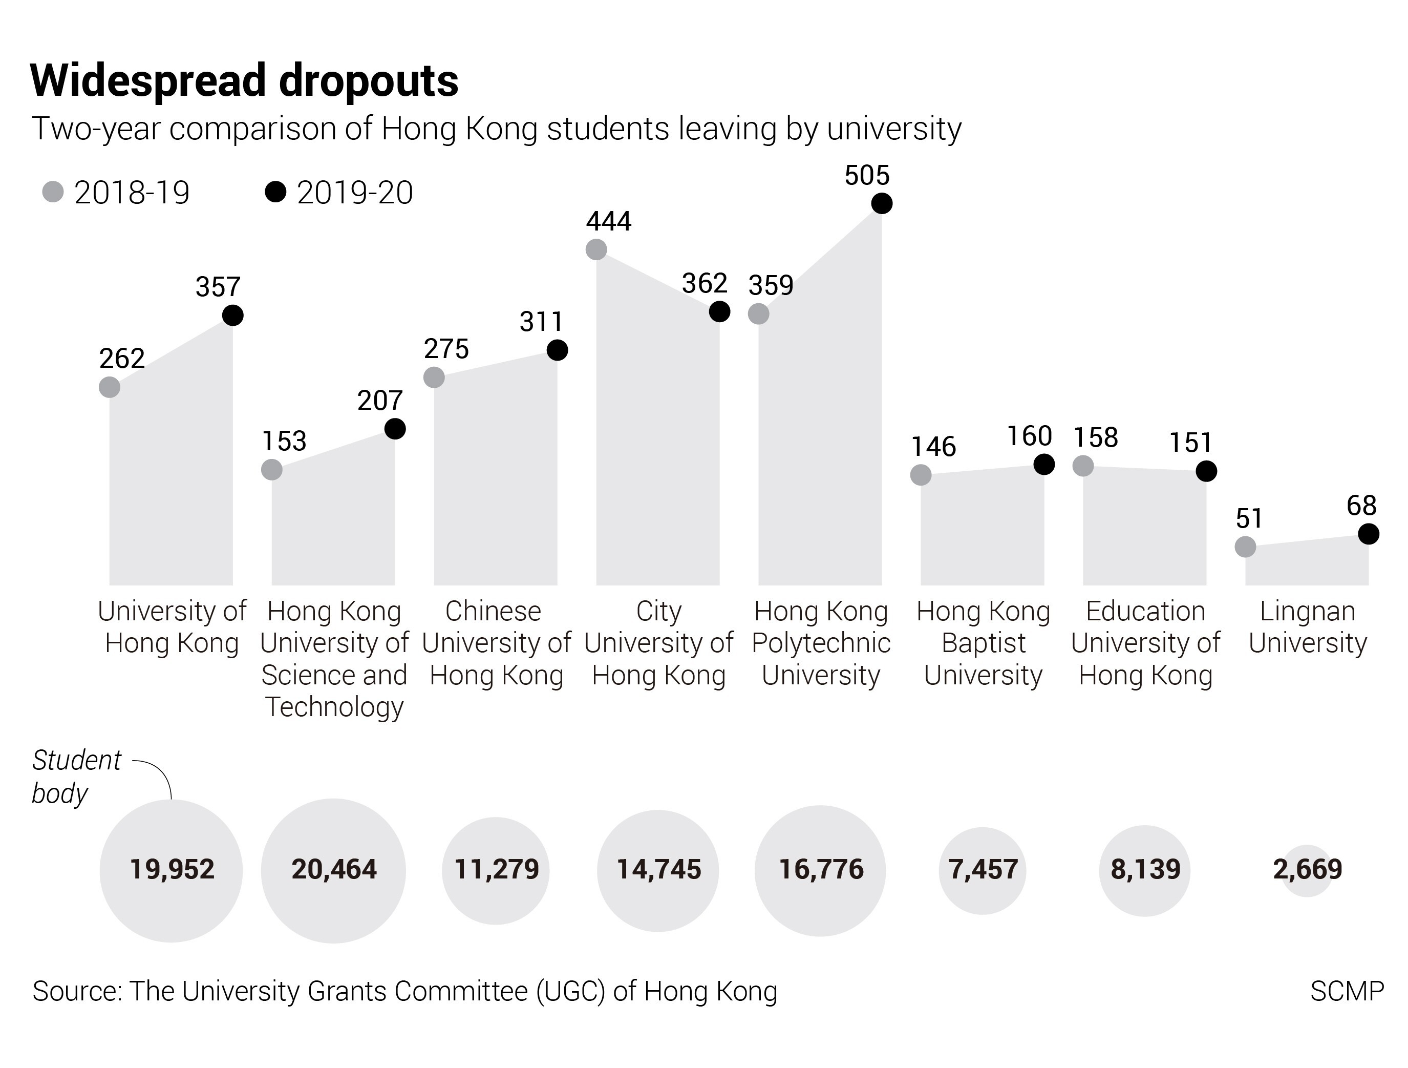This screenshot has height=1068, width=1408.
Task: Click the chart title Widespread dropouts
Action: (x=244, y=81)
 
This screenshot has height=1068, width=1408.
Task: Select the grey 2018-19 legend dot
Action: (x=53, y=192)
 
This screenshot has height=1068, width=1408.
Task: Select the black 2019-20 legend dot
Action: (x=275, y=192)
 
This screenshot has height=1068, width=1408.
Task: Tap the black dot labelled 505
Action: (x=882, y=203)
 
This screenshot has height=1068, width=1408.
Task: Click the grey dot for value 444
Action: (x=596, y=249)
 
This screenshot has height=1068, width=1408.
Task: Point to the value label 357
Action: (x=218, y=287)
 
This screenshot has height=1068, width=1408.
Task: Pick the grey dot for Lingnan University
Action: (x=1245, y=547)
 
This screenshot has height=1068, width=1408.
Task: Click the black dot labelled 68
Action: (x=1369, y=534)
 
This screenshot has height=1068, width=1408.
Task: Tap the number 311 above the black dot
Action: (x=541, y=322)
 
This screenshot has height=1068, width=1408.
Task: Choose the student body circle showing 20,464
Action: (x=333, y=870)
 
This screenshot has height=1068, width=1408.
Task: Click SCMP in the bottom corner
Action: (x=1346, y=992)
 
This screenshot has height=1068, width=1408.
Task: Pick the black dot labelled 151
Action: (x=1206, y=471)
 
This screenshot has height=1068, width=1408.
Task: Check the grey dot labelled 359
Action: (x=759, y=314)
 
